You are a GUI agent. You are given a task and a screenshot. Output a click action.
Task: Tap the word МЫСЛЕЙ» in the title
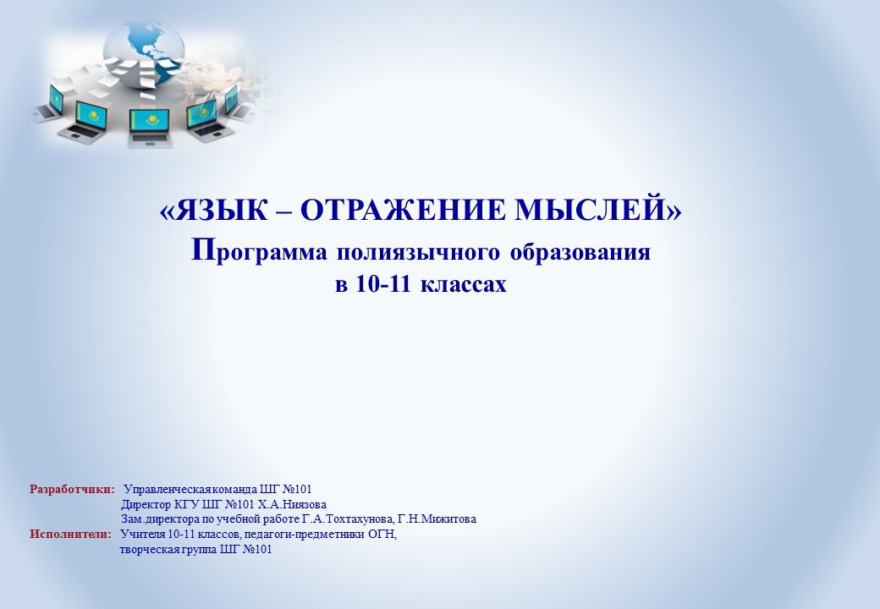point(598,210)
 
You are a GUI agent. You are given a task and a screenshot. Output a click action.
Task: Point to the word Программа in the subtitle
point(259,251)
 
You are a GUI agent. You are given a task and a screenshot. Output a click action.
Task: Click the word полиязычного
point(418,252)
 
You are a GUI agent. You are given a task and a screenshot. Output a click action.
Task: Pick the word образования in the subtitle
point(580,252)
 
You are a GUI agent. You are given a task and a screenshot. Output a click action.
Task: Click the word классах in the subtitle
point(464,284)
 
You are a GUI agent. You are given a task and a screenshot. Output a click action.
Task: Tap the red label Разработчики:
point(72,489)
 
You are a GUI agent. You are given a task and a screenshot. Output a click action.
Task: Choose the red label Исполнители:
point(71,534)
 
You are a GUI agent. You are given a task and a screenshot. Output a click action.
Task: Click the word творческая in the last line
point(149,550)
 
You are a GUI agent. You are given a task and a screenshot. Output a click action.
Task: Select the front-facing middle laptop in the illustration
point(149,129)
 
